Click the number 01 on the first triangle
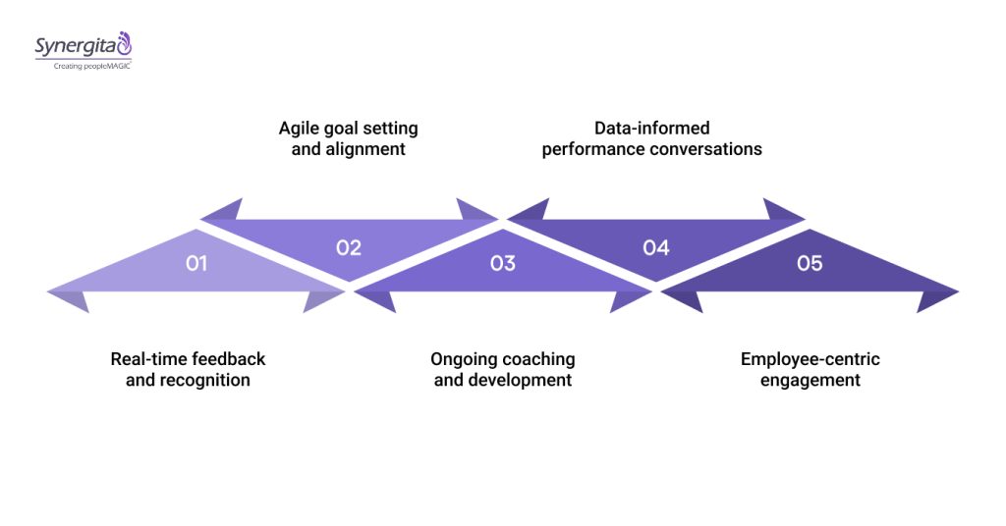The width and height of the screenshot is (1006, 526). click(196, 263)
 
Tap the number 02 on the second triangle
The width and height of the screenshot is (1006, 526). click(349, 247)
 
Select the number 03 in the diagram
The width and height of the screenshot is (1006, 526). click(502, 263)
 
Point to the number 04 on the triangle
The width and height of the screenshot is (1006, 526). click(655, 247)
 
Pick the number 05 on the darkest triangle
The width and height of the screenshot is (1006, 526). click(810, 263)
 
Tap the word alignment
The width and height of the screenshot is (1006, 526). click(365, 150)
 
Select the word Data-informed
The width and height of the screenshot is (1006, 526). click(651, 129)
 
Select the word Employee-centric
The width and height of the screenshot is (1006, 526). click(810, 359)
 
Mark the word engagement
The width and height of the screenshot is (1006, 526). click(810, 380)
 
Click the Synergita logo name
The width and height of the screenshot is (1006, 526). click(75, 45)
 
